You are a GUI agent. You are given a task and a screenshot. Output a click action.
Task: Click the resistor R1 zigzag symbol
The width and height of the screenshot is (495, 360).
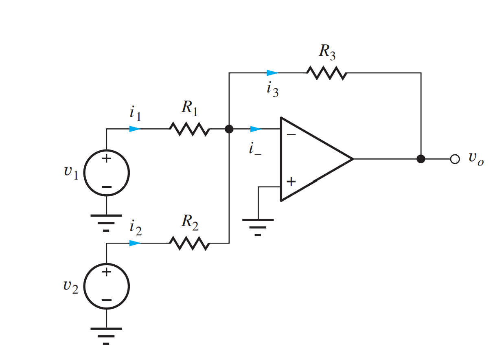click(189, 130)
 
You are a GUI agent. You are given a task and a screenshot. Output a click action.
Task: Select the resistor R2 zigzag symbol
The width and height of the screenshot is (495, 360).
click(189, 244)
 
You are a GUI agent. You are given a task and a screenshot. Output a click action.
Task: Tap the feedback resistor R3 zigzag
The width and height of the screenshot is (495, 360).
click(326, 73)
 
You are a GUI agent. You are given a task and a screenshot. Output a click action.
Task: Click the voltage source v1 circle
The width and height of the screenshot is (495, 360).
click(107, 173)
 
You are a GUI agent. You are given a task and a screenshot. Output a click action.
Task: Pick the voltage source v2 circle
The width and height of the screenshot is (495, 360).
click(107, 286)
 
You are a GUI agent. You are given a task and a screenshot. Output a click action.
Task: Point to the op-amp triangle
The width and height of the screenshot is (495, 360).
click(313, 159)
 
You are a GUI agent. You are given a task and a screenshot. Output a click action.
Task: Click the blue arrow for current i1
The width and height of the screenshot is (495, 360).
click(135, 129)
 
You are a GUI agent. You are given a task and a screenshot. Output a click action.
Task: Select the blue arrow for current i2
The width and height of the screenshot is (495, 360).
click(135, 243)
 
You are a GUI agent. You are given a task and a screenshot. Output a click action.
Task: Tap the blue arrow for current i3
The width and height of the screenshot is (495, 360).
click(272, 73)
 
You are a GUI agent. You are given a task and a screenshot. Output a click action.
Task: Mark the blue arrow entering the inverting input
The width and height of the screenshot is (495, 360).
click(256, 129)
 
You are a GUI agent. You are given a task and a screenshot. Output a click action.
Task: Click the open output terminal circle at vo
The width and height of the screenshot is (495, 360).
click(455, 159)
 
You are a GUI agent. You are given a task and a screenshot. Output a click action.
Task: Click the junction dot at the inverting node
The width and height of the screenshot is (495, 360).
click(229, 130)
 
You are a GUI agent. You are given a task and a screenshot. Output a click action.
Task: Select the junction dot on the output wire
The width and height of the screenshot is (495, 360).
click(421, 159)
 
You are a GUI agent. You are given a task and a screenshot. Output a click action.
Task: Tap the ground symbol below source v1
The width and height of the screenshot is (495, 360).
click(106, 222)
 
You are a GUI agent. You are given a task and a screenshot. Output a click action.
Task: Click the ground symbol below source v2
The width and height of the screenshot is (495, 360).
click(106, 336)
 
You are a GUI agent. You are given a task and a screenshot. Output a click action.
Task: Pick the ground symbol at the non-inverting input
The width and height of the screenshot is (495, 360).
click(258, 226)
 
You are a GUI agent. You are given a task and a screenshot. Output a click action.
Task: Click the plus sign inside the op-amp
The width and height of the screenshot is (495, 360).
click(291, 182)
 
